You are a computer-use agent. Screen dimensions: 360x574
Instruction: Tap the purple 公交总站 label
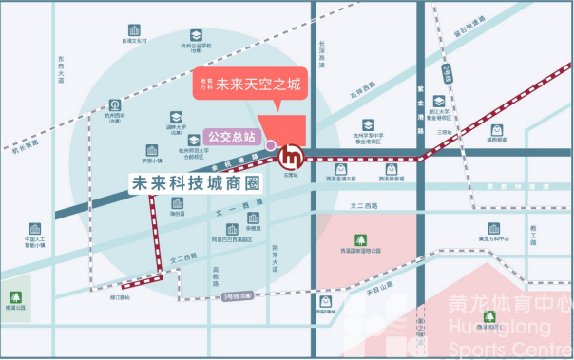(x=231, y=137)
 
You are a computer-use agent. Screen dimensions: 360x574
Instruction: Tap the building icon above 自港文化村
(x=134, y=31)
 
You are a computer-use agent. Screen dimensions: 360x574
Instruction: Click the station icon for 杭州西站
(x=115, y=105)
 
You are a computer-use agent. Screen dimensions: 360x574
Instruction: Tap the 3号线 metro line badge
(x=235, y=297)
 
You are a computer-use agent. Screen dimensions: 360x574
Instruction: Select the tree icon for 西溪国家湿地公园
(x=360, y=239)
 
